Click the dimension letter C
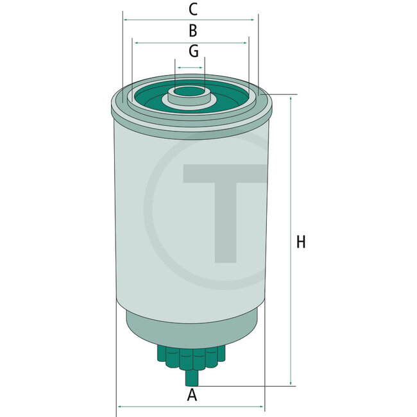coord(192,10)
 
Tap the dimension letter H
coord(301,242)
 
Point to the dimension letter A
coord(191,396)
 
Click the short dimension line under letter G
coord(190,67)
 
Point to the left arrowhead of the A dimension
coord(119,407)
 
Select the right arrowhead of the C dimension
coord(252,20)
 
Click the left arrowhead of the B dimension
coord(135,42)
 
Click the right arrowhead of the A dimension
coord(261,407)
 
